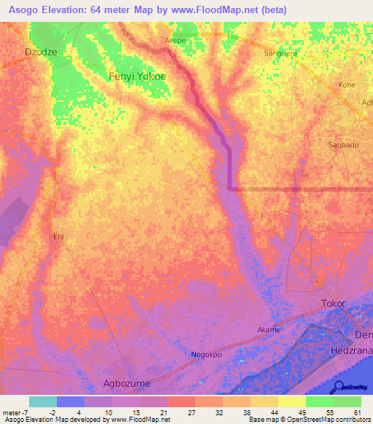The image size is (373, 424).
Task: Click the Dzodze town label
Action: coord(40,52)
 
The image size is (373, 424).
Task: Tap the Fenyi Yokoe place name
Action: coord(137,76)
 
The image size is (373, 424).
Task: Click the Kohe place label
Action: coord(347,85)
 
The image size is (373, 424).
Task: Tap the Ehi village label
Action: coord(58,237)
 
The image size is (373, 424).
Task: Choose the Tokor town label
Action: coord(333,302)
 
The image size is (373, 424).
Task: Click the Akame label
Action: coord(269,330)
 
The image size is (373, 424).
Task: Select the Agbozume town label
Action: coord(136,383)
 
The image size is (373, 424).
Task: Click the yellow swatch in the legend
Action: coord(291,401)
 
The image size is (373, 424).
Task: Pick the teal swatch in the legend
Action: coord(43,401)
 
